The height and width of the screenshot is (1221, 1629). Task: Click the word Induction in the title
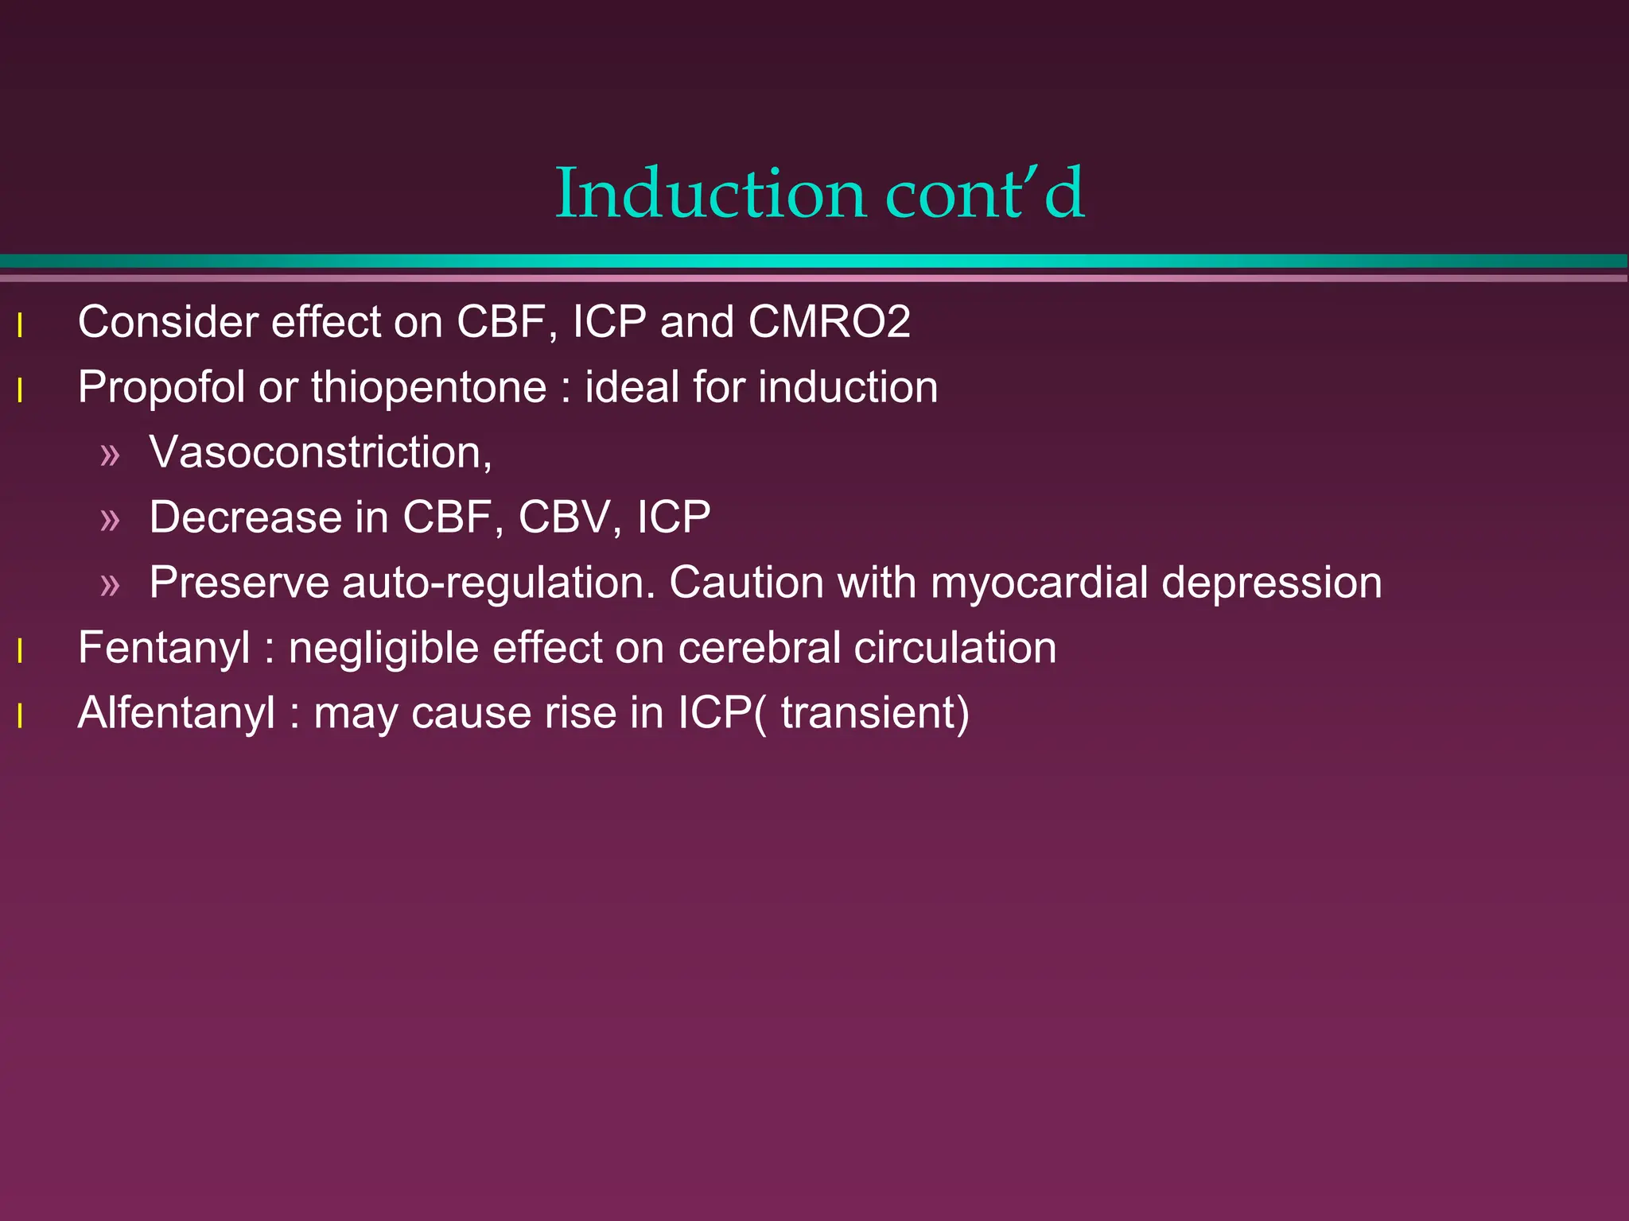click(x=710, y=193)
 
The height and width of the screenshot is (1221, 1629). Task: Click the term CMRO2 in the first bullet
click(x=829, y=322)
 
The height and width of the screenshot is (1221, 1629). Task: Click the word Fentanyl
click(x=164, y=648)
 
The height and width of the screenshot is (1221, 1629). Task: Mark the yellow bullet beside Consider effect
click(x=20, y=325)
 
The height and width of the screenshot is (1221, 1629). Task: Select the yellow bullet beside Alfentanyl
click(x=20, y=716)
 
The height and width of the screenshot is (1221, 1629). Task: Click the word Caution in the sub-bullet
click(x=746, y=583)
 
